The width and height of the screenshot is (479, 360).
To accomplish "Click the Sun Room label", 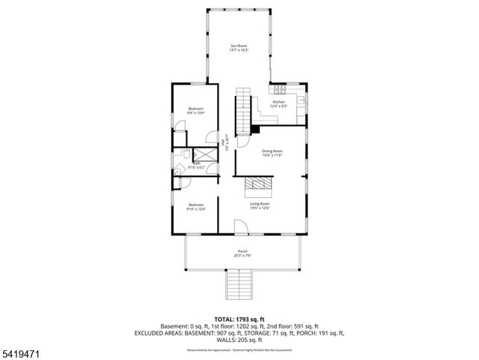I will (x=239, y=46).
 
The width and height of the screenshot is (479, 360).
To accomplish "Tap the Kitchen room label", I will (x=278, y=102).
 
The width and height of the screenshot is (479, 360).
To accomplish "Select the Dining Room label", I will (x=271, y=151).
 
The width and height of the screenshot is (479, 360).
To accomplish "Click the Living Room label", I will (x=260, y=204).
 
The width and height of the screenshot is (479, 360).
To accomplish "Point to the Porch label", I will (x=242, y=251).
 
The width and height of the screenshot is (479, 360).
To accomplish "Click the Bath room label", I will (x=196, y=162).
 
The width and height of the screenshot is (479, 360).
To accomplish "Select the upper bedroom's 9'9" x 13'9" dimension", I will (x=196, y=112).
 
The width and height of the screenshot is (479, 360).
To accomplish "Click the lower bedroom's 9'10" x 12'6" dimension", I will (x=196, y=208).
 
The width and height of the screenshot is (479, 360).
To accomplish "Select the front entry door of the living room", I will (x=239, y=227).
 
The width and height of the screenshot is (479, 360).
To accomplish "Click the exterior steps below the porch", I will (x=239, y=284).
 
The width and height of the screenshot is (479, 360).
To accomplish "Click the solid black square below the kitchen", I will (x=255, y=130).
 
